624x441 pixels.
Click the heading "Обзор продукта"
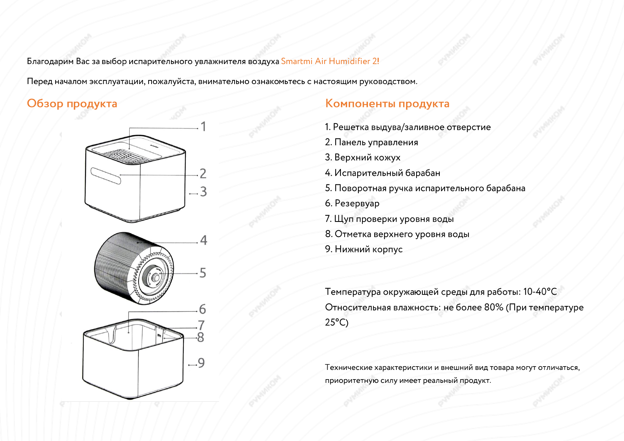click(x=72, y=104)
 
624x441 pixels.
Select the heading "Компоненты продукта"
click(x=387, y=104)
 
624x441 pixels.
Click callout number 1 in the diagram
click(x=203, y=127)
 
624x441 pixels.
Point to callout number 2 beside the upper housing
click(x=203, y=173)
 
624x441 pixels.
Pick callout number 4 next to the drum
click(x=203, y=240)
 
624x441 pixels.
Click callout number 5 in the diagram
click(x=203, y=273)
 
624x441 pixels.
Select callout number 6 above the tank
click(x=202, y=309)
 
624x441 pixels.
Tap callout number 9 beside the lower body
click(x=201, y=363)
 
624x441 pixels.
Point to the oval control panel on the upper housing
click(x=106, y=176)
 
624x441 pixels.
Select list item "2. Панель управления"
click(x=371, y=143)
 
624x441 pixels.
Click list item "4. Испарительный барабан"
click(x=382, y=173)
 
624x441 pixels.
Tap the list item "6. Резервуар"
click(x=352, y=203)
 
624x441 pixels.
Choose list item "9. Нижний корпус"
click(x=364, y=249)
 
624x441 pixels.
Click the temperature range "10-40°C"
click(x=540, y=292)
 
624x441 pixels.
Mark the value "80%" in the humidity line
click(x=494, y=307)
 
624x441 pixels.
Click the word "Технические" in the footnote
click(x=348, y=368)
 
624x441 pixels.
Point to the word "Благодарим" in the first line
click(x=50, y=61)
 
